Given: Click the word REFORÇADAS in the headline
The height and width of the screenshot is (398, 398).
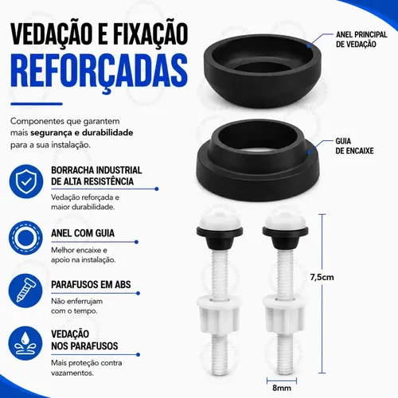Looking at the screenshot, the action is point(99,71).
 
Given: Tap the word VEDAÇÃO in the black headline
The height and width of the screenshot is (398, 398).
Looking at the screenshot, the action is point(50,33).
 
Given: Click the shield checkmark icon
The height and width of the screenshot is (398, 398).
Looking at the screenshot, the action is point(26,181).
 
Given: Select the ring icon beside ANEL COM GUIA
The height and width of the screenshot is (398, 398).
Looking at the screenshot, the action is point(25,238).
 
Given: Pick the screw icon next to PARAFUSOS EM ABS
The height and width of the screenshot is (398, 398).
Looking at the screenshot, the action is point(25,291).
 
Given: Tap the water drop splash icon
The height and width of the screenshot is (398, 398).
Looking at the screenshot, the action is point(25,343).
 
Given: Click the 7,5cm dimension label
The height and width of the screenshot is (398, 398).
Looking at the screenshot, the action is point(322,277).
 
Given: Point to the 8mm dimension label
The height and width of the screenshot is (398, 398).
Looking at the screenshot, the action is point(282,388).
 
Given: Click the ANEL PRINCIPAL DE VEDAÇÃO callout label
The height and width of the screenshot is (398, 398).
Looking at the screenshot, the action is point(361,39).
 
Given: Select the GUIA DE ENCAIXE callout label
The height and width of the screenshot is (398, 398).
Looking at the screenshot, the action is point(354,146).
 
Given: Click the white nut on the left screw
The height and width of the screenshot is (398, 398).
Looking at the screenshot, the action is point(219,314).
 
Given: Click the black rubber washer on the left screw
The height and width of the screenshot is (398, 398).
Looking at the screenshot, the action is point(220,237).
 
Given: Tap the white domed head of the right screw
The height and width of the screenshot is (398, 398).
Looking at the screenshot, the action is point(285,220).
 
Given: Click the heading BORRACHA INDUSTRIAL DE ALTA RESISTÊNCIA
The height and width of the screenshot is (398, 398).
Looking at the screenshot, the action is point(96,176).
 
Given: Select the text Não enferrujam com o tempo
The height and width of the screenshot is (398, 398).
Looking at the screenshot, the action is point(77,306).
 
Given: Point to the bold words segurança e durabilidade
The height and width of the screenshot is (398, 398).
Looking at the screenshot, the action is point(82,133).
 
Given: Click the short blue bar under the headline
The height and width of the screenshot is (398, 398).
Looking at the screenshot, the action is point(37,104).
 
